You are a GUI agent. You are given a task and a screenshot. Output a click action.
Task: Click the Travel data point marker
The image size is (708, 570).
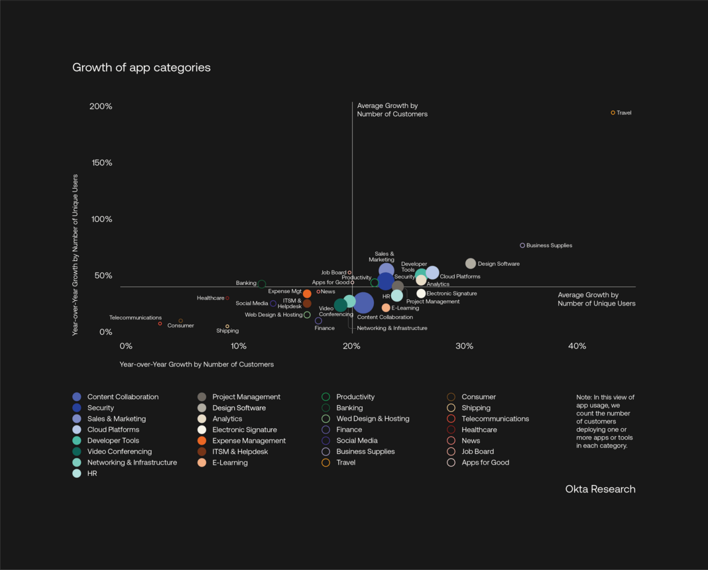point(613,113)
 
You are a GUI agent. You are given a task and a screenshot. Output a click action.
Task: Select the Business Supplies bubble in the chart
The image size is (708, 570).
point(522,245)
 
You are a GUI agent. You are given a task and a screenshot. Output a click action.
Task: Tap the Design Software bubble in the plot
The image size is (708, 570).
point(470,263)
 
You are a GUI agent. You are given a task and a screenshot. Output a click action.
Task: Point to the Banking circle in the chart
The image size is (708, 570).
point(262,284)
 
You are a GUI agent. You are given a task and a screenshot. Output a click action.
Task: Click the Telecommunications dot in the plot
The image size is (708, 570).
point(160,324)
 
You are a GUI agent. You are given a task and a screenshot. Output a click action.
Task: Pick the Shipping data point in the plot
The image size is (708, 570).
point(227,327)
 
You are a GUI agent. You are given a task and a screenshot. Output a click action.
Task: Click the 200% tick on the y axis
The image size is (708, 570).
point(101,106)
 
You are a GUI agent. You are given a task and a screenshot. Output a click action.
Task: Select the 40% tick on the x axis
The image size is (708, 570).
point(577,346)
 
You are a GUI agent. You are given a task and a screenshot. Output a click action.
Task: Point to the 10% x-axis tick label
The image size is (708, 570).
point(238,346)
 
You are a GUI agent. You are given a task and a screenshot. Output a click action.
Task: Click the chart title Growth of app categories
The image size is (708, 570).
point(141,68)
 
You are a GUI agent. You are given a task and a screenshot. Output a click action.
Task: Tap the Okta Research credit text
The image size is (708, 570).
point(600,489)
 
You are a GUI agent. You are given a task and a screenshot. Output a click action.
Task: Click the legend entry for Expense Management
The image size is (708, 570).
point(249,441)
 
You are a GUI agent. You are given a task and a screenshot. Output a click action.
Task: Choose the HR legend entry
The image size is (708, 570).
point(92,473)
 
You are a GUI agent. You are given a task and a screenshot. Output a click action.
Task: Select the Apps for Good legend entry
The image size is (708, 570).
point(485,463)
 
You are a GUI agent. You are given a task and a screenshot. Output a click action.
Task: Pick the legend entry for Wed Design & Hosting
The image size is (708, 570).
point(373,419)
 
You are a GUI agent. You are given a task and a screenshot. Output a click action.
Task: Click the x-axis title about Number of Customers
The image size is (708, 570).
point(196,364)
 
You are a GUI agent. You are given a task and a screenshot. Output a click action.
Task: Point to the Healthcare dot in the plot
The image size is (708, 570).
point(227,298)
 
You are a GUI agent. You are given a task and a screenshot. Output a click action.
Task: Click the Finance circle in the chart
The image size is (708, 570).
point(318,321)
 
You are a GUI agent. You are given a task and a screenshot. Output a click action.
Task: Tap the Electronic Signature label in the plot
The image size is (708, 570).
point(451,293)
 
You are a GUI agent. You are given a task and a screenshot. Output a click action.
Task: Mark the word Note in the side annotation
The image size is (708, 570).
point(584,397)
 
